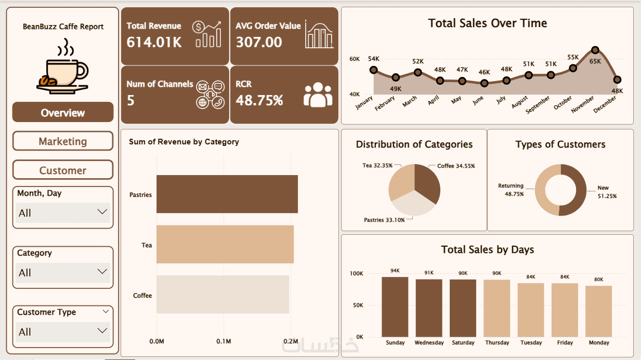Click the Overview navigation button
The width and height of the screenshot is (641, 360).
coord(62,113)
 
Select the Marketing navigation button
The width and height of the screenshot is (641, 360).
coord(62,141)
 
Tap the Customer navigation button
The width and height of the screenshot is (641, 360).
coord(62,170)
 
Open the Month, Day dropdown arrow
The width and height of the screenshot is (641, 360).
coord(102,212)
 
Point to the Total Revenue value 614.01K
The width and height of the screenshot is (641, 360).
coord(154,42)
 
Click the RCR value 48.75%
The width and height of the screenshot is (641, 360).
coord(259,100)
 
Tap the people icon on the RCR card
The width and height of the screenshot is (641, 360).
coord(318,95)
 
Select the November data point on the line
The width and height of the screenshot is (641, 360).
coord(595,50)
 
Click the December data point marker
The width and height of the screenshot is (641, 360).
coord(617,79)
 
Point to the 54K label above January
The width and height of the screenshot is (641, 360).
coord(373,59)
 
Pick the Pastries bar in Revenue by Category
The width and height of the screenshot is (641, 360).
coord(227,194)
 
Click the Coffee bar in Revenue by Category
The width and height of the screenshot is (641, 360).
coord(223,295)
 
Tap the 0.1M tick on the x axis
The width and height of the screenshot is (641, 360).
coord(224,341)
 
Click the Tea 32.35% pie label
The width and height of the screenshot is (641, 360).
coord(377,166)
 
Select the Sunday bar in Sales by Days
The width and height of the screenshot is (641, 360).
coord(395,306)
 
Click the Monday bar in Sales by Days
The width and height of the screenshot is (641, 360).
coord(599,311)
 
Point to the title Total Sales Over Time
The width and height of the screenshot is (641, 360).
coord(487,23)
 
